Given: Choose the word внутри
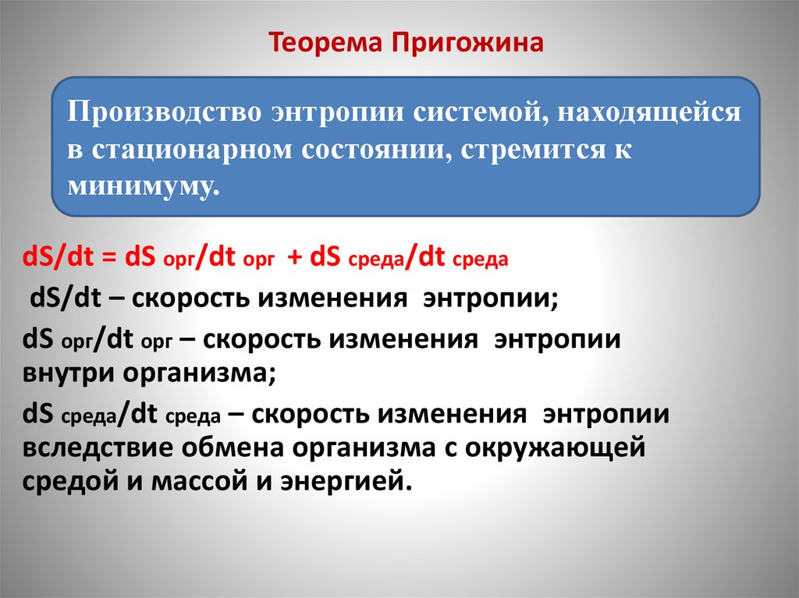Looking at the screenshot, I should tap(69, 373).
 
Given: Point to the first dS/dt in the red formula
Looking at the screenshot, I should tap(55, 258).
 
